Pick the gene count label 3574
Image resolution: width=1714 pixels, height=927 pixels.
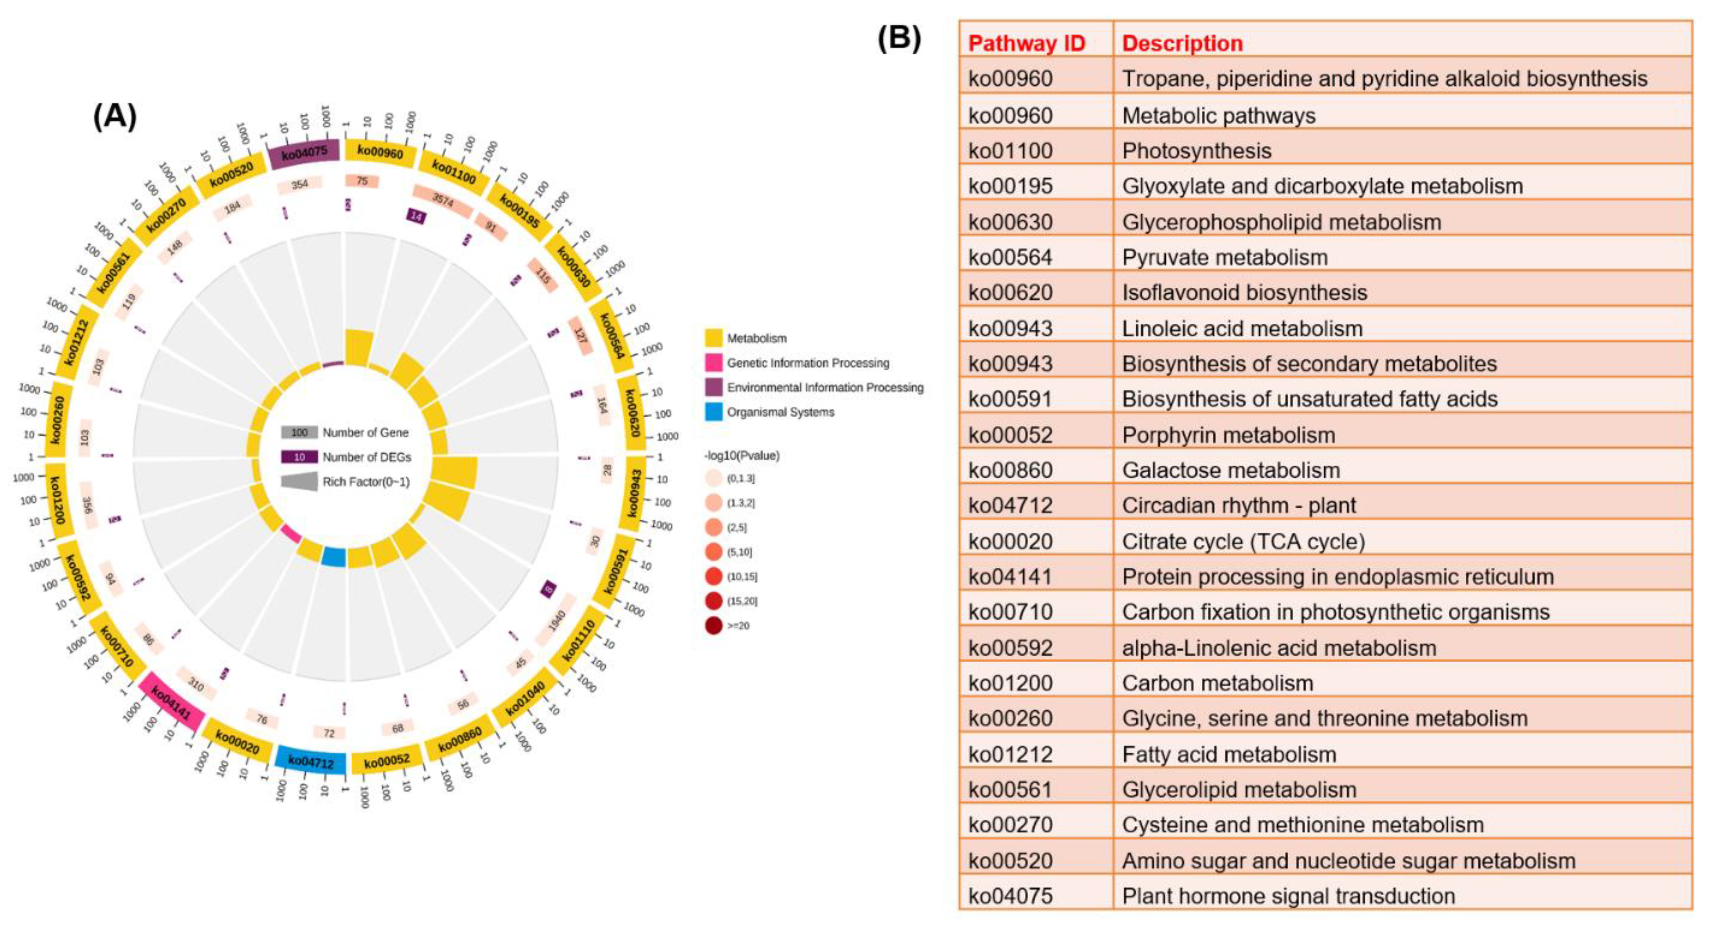[442, 200]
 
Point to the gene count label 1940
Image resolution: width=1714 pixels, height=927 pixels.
[556, 620]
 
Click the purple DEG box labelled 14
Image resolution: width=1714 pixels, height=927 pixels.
[416, 216]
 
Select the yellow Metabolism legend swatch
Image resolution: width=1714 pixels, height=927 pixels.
[713, 338]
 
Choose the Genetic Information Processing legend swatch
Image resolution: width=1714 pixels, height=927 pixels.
[713, 363]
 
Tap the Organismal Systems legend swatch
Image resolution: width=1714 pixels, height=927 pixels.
[713, 412]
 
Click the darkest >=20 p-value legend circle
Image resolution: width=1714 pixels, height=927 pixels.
[713, 626]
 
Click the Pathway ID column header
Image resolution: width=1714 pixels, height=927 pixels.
[1026, 43]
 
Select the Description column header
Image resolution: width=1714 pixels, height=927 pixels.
[1182, 43]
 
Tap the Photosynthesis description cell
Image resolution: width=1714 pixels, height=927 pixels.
[1196, 151]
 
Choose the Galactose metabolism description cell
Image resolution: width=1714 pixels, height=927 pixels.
[1230, 470]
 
